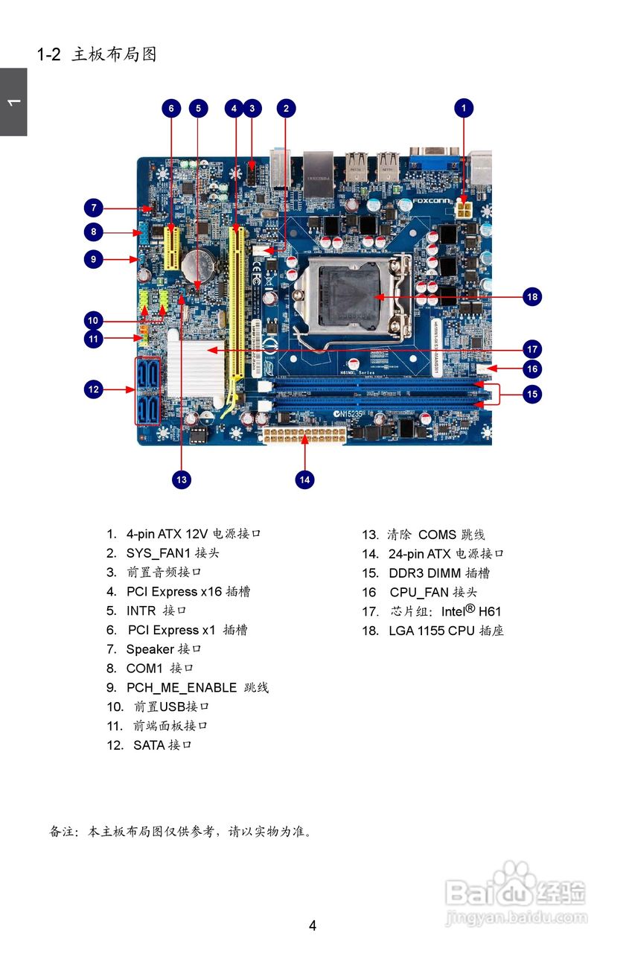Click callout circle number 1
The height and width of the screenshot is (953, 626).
point(464,108)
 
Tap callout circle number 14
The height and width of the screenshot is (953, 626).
point(304,479)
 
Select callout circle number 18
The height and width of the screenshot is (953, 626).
point(531,297)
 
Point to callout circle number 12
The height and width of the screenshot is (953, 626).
point(93,389)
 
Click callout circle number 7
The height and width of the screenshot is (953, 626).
point(93,208)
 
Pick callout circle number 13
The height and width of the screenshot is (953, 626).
point(182,479)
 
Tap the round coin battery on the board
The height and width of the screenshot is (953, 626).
point(199,264)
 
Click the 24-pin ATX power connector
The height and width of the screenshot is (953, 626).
point(303,436)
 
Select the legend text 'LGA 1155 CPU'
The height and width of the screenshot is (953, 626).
point(431,631)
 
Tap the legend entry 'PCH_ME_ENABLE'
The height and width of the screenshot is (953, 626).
point(181,688)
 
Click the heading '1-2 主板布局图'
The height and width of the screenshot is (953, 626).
point(97,54)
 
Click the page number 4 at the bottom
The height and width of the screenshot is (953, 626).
point(313,925)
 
